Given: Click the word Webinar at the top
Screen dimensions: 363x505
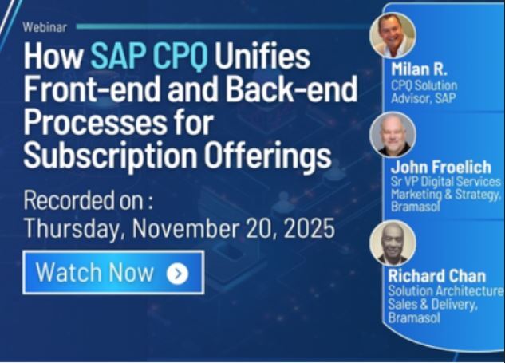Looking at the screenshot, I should (x=45, y=26).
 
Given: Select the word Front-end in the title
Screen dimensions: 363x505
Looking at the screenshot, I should (x=87, y=90).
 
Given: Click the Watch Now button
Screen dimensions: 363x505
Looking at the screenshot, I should (x=112, y=272).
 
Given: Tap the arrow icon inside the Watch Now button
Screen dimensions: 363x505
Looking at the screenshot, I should (x=177, y=274).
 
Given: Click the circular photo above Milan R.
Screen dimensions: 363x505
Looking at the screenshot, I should (x=393, y=34).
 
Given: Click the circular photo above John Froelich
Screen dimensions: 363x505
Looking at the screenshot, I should (x=393, y=134).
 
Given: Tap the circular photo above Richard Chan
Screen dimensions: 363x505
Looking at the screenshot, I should (x=393, y=243).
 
